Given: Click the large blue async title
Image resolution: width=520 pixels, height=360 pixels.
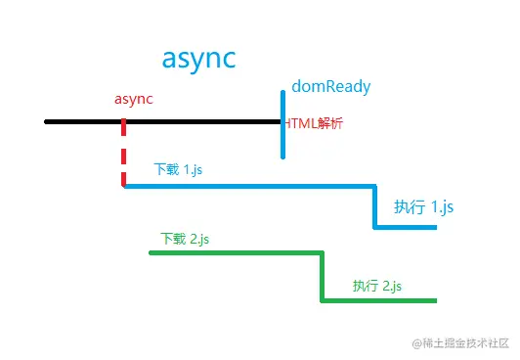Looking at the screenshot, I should (198, 59).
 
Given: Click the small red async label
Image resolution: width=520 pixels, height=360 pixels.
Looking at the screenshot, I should (134, 99).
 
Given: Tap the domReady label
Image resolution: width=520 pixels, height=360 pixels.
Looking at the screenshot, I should (331, 87).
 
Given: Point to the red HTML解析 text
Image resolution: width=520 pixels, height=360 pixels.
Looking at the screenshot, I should (314, 124).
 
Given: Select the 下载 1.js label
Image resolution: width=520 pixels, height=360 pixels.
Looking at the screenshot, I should (178, 169).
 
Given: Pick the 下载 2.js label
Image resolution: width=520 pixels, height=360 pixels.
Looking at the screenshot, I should (185, 239).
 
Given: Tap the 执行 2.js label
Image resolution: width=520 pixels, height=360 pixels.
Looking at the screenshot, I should (377, 286).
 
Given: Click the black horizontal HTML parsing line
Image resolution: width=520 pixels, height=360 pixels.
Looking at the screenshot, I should (195, 122).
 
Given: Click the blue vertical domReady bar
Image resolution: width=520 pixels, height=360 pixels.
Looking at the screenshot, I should (283, 124).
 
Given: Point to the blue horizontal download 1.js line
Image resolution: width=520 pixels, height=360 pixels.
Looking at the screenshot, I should (249, 186).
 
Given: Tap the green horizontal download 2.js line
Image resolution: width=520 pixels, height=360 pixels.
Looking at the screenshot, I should (235, 253).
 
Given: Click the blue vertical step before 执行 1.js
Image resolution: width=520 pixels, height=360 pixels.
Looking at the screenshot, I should (375, 206).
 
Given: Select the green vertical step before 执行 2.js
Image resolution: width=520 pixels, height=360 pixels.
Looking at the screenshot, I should (322, 277).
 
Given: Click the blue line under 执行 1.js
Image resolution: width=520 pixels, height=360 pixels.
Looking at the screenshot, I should (405, 228).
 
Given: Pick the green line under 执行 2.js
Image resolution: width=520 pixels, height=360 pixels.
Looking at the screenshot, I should (378, 300).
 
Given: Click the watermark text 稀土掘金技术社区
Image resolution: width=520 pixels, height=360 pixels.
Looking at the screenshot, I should (465, 343).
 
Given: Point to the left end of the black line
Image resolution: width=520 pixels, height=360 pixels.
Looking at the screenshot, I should (47, 122).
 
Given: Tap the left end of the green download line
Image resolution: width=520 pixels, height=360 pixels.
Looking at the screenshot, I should (152, 253).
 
